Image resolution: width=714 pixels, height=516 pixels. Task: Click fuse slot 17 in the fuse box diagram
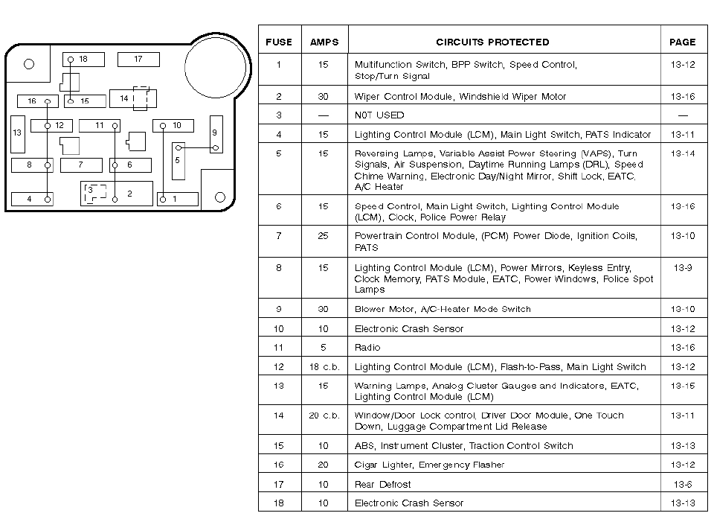click(x=138, y=59)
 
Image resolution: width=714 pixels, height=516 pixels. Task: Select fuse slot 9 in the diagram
click(x=216, y=134)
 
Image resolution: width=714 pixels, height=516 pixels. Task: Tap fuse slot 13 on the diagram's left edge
click(x=18, y=134)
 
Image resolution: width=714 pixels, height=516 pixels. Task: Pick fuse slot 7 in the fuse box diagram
click(x=81, y=165)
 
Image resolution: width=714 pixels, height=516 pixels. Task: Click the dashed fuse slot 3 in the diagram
click(x=94, y=192)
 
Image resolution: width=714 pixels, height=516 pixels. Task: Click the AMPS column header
click(x=324, y=42)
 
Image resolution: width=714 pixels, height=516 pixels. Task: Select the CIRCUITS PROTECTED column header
click(x=492, y=42)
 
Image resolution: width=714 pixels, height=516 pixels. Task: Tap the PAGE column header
click(x=682, y=42)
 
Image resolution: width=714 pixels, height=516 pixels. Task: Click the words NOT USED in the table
click(x=379, y=115)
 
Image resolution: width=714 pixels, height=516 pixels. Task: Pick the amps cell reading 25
click(x=324, y=236)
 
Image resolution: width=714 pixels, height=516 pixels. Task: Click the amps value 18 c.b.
click(x=324, y=367)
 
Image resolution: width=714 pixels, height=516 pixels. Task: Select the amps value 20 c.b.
click(x=324, y=415)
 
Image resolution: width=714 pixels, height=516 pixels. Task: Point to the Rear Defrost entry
click(x=382, y=485)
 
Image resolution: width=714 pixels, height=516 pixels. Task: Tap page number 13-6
click(x=682, y=485)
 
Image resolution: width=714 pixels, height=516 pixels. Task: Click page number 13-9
click(x=682, y=268)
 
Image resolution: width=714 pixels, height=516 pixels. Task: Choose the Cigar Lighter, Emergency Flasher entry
click(x=429, y=465)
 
